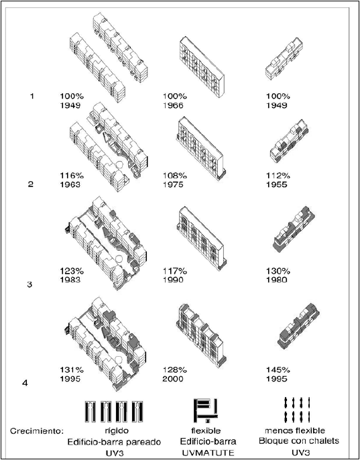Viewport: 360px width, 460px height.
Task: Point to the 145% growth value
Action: point(277,369)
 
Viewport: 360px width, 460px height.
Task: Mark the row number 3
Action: point(29,284)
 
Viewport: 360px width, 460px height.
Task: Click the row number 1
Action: point(32,97)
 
